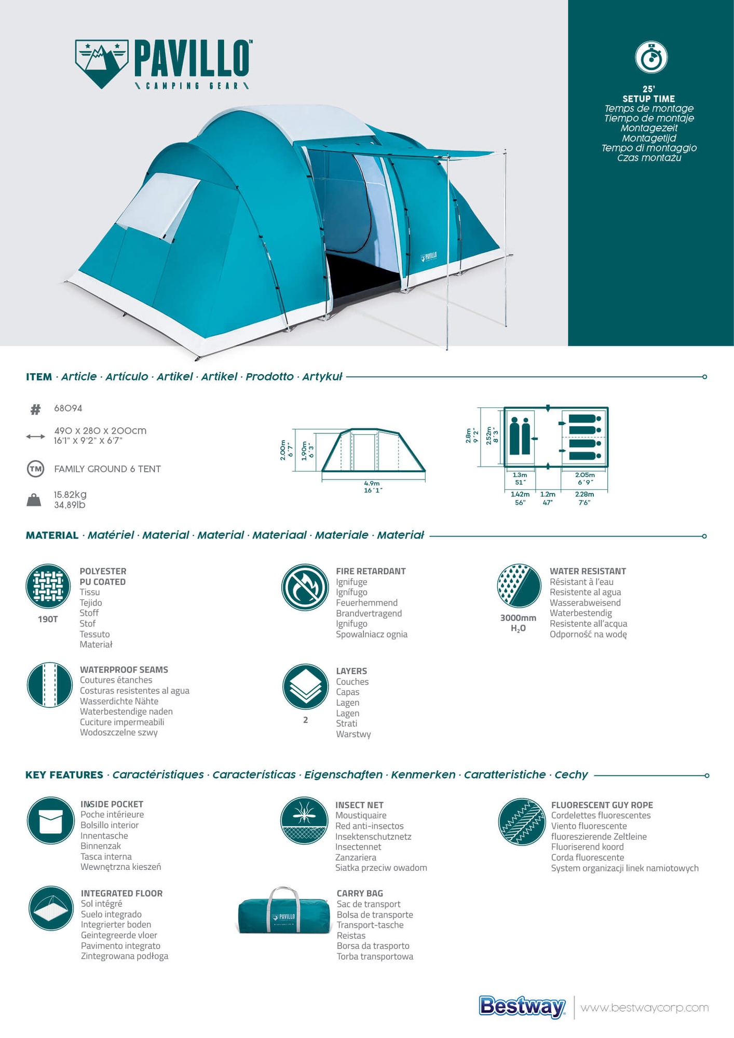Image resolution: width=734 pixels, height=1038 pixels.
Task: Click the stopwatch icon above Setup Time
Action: point(651,57)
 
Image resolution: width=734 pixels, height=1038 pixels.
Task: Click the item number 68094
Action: point(68,408)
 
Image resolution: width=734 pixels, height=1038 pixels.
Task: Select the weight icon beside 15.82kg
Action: point(34,500)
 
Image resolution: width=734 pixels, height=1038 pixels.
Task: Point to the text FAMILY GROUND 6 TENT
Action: point(107,469)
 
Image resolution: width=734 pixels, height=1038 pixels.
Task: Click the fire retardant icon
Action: point(305,588)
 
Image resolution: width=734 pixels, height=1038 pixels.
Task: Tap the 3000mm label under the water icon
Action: point(518,618)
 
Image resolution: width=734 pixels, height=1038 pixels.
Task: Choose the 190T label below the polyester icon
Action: point(48,619)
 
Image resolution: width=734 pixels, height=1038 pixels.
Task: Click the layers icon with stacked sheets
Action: point(305,687)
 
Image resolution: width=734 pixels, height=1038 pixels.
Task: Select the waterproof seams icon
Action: point(49,685)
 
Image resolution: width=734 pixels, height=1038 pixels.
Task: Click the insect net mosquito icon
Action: point(304,821)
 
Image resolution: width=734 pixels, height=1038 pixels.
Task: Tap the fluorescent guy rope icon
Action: point(522,822)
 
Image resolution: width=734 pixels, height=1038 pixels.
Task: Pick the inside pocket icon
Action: point(50,821)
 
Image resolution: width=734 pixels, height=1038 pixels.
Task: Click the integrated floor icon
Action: point(51,908)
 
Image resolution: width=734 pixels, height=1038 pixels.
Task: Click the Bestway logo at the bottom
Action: point(522,1007)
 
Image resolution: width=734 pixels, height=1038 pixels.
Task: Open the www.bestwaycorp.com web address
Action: point(644,1008)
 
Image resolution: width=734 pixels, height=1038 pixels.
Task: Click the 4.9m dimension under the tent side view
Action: point(372,483)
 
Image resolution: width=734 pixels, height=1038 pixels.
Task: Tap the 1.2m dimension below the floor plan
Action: point(548,494)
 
